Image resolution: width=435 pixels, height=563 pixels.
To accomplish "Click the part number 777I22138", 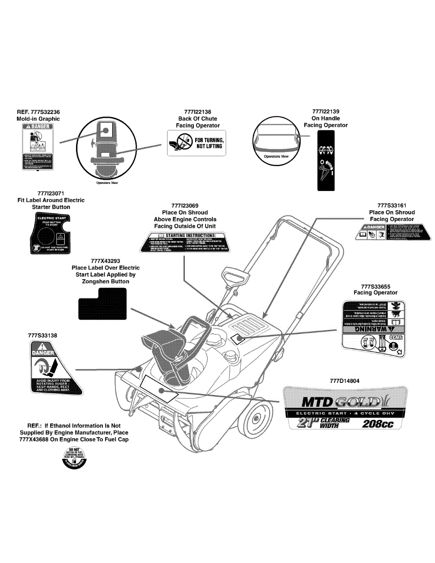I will [198, 112].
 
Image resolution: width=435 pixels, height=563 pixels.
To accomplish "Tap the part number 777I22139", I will [325, 112].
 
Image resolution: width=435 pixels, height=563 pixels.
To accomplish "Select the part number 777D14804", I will [345, 380].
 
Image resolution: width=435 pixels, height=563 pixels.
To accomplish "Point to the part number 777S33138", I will [43, 336].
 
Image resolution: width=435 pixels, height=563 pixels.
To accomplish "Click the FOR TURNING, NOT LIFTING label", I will [197, 143].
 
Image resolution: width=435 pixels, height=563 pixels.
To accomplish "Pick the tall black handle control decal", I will [326, 160].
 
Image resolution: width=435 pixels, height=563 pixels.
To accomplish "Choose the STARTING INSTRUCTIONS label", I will [185, 242].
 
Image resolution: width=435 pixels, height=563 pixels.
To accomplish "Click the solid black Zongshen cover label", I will [103, 304].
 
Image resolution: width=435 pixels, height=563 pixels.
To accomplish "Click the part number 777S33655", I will [375, 286].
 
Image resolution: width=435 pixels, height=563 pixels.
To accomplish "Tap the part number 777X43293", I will [106, 261].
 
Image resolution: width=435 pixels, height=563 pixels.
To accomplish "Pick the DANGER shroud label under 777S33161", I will [392, 233].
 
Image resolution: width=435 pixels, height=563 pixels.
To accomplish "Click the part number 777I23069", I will [185, 206].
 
